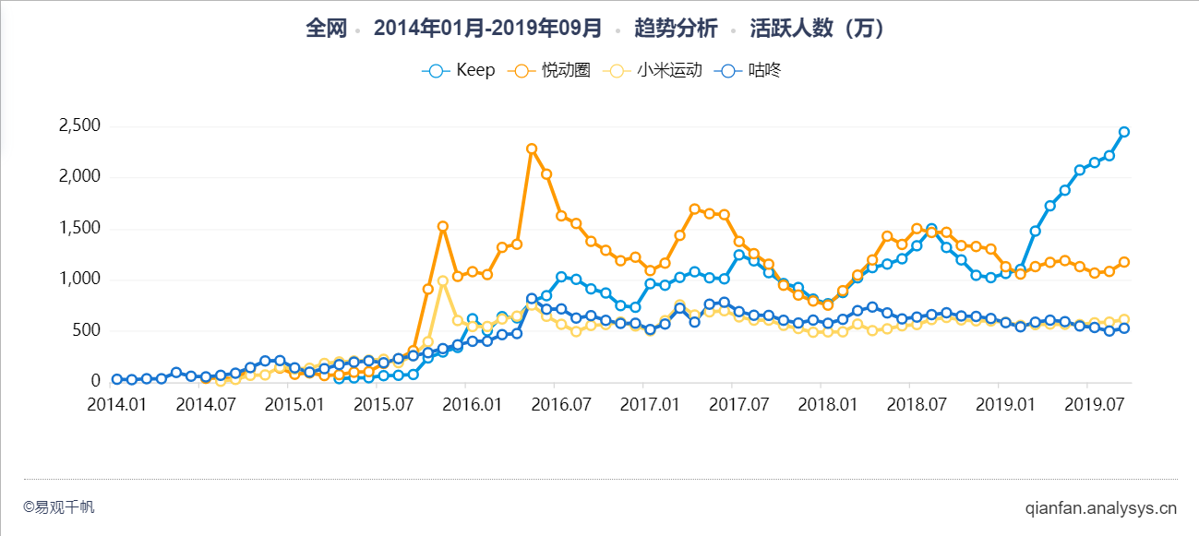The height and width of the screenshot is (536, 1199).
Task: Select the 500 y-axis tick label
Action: [x=85, y=330]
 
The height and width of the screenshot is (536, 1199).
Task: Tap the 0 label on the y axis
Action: [x=95, y=381]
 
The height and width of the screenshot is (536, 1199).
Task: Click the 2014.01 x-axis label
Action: [x=116, y=404]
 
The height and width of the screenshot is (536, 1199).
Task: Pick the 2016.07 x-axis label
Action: [x=560, y=404]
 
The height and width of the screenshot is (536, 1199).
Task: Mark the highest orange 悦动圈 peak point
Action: [x=532, y=149]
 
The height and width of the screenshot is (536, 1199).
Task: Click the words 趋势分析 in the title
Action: [x=676, y=29]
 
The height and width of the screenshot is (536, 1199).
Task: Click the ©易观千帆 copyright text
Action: [x=59, y=507]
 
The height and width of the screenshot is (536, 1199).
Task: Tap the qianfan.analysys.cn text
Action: [x=1100, y=507]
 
